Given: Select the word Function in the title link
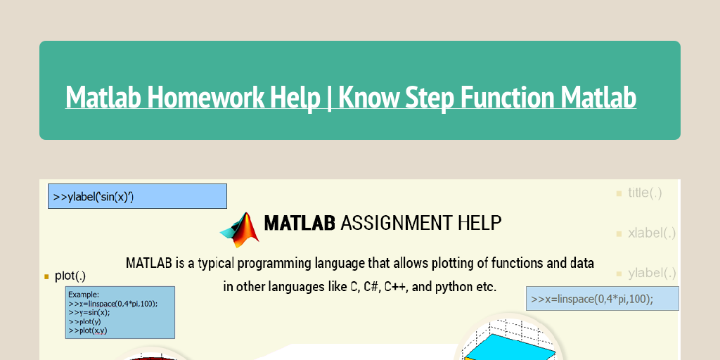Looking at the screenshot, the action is (500, 97).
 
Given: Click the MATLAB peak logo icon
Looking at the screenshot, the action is (240, 230).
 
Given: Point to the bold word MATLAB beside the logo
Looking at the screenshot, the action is (299, 223).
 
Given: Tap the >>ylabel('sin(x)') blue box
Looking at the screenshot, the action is (137, 196).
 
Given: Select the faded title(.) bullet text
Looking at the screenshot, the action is (645, 193).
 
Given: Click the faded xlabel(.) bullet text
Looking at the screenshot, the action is (652, 233).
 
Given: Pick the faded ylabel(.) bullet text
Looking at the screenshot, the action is (652, 274).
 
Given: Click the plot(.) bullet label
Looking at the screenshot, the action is (70, 276).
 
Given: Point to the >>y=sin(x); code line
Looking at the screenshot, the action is (89, 313).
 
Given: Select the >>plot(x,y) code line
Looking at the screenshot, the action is (88, 330).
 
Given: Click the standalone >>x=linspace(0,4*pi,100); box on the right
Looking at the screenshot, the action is (602, 298).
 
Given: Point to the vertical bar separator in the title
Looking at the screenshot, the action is (329, 98).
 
